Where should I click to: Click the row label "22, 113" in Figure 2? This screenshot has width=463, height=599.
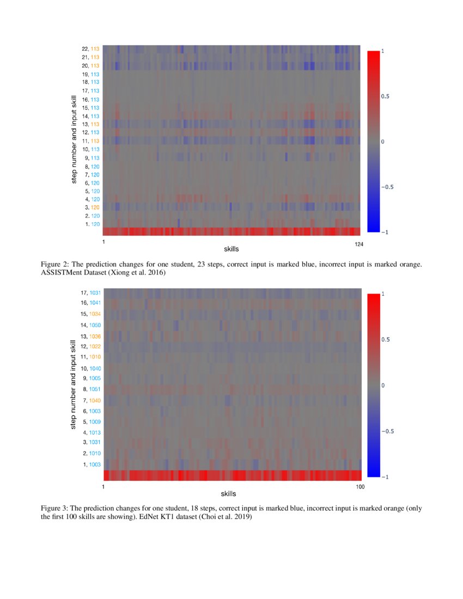tap(90, 48)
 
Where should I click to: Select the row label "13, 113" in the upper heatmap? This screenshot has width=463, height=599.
tap(90, 124)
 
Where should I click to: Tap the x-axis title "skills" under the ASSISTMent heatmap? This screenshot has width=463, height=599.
tap(231, 249)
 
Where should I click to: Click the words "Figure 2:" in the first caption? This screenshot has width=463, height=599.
tap(54, 265)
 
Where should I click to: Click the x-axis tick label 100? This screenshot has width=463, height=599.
tap(359, 486)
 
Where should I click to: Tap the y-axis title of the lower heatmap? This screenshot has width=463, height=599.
tap(73, 384)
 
